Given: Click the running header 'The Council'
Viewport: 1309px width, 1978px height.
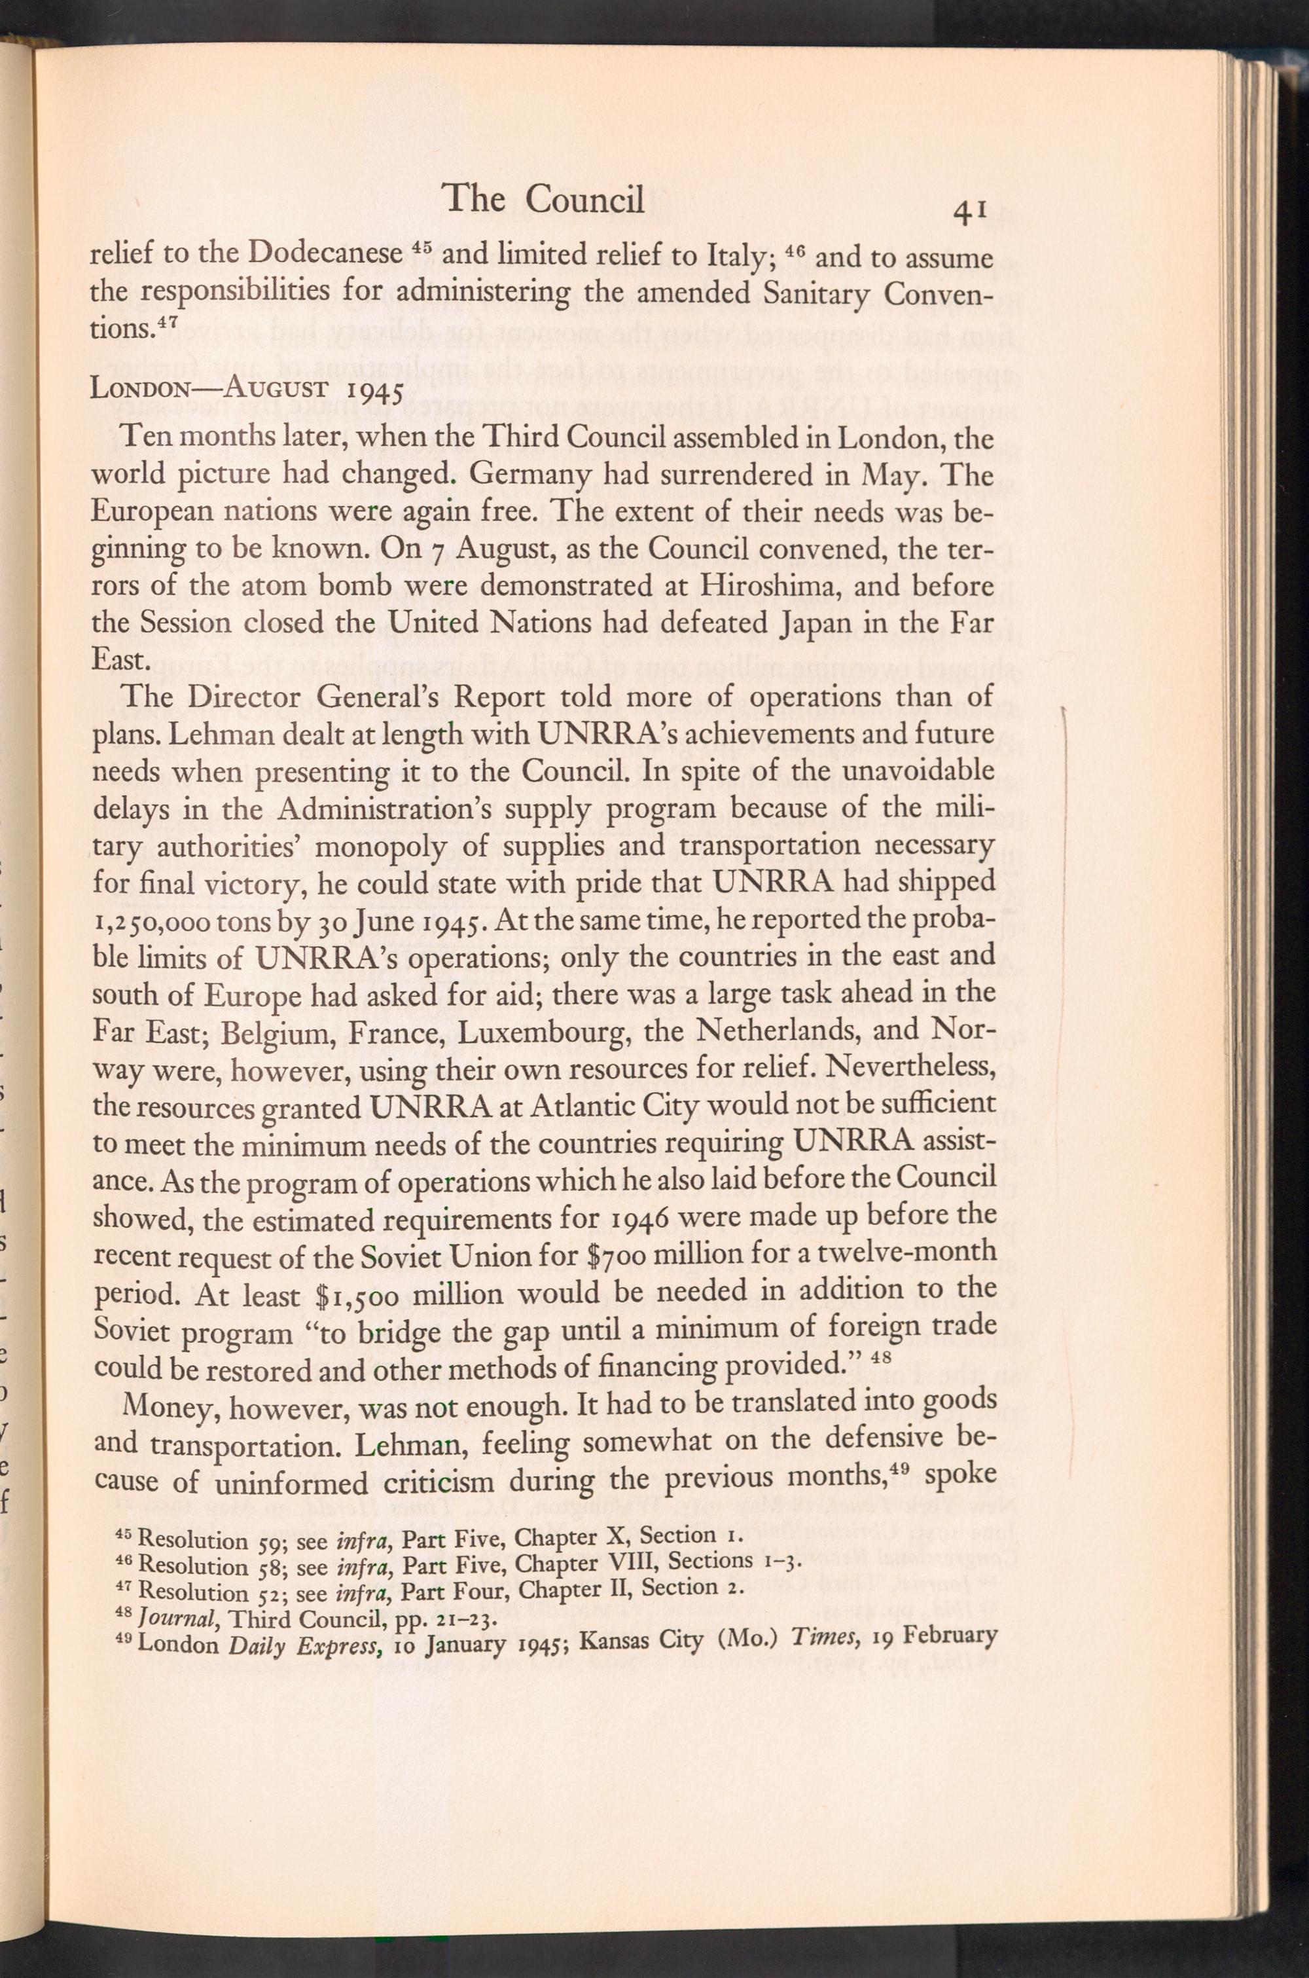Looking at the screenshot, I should click(545, 200).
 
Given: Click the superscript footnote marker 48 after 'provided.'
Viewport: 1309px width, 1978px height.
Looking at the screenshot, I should click(876, 1359).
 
